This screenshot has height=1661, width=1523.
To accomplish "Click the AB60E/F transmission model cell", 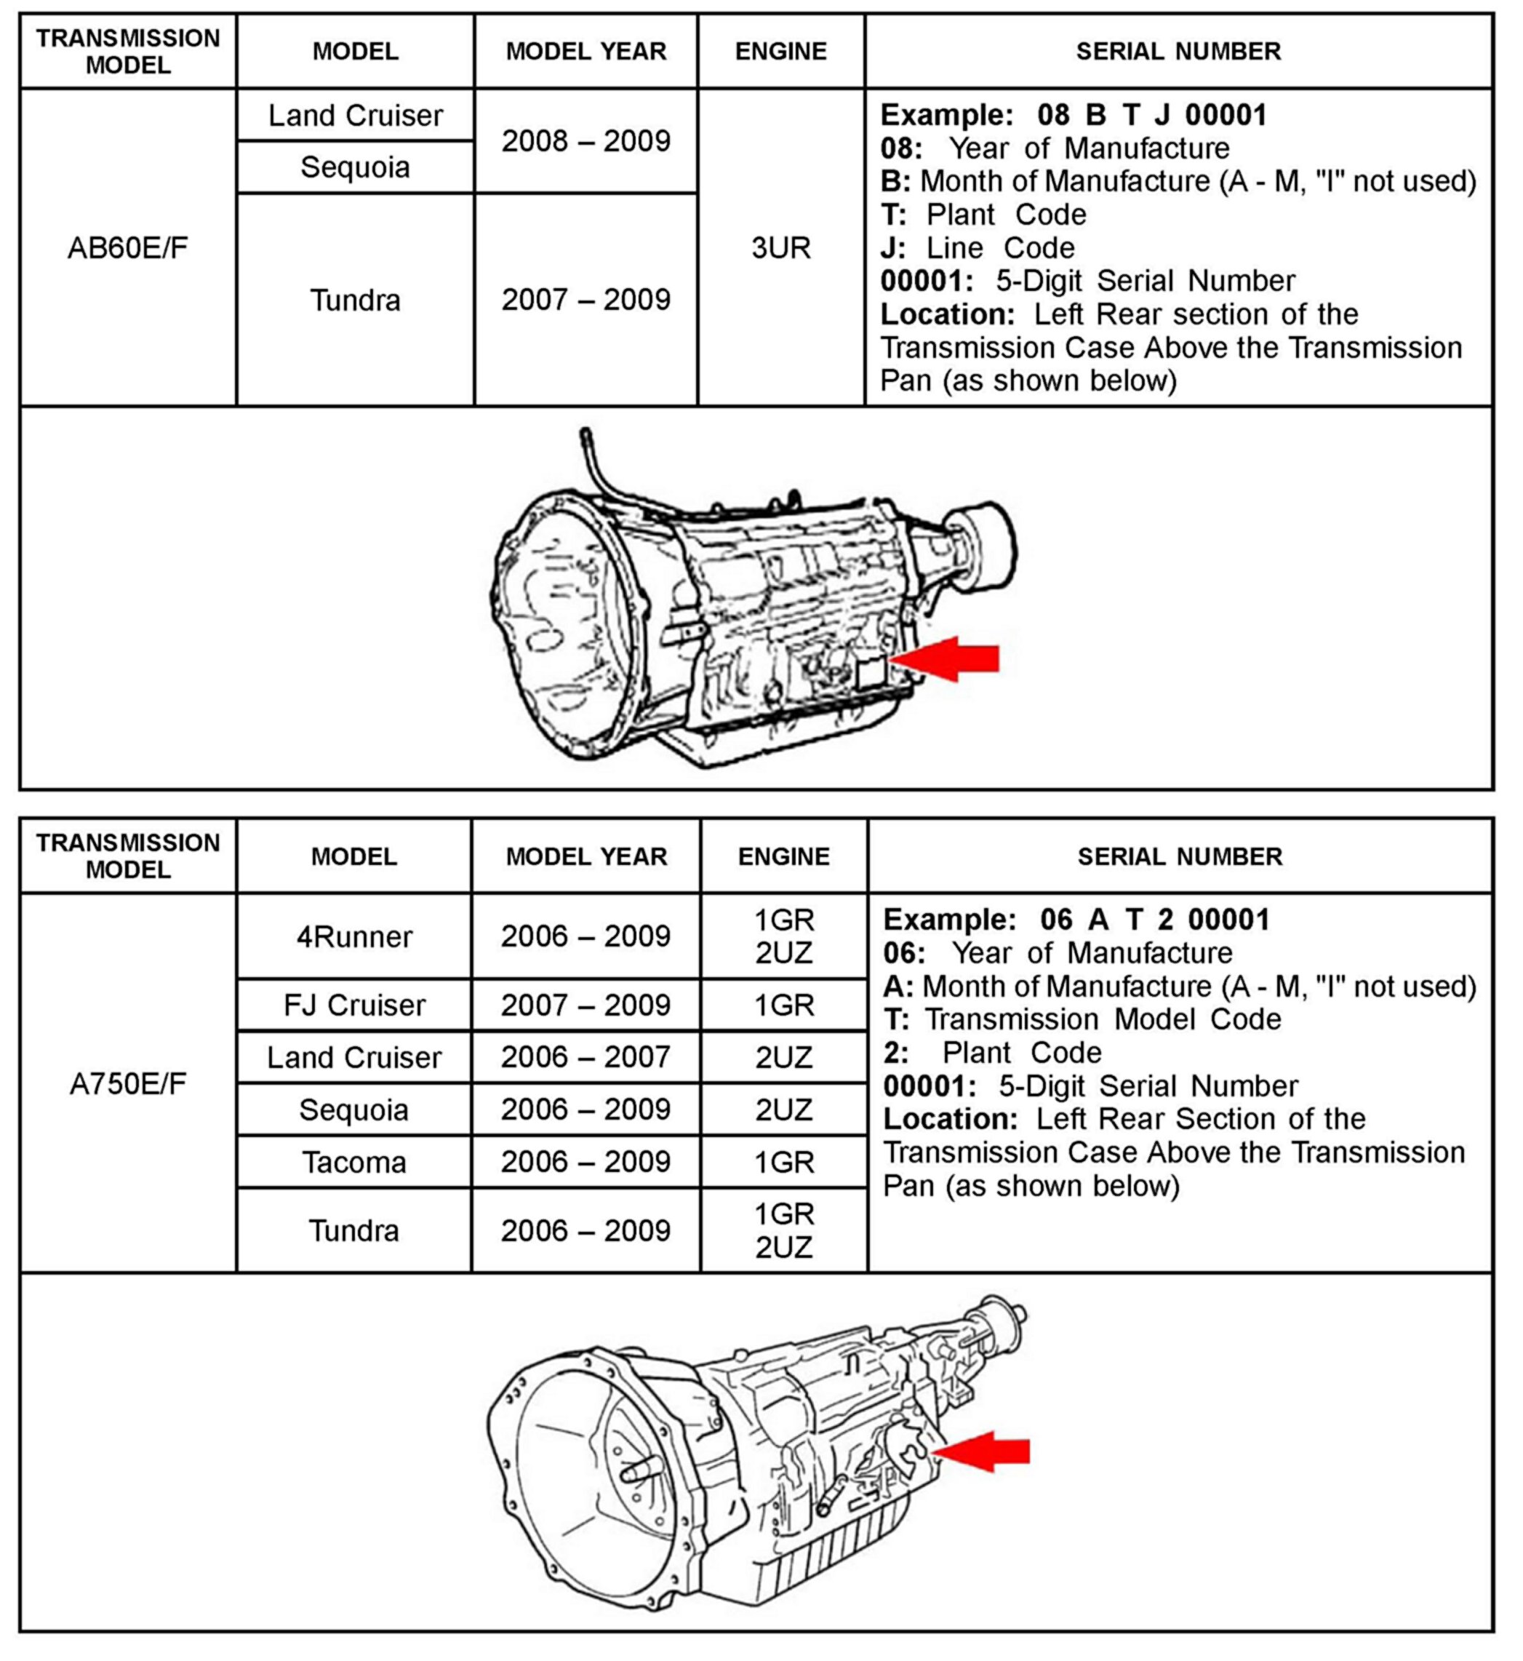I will point(128,248).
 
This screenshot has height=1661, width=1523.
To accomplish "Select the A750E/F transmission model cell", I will point(128,1084).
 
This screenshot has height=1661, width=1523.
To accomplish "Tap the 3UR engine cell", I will point(780,248).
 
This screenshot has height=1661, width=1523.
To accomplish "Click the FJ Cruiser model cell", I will point(354,1005).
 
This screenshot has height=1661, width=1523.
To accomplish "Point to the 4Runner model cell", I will point(354,936).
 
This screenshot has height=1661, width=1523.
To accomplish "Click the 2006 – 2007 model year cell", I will point(586,1057).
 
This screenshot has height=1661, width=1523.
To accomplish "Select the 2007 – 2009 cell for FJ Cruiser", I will point(586,1005).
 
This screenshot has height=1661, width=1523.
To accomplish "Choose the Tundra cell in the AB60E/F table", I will point(354,300).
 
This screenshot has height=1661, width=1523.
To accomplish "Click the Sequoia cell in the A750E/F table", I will point(354,1110).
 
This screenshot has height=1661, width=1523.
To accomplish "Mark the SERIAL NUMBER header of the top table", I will point(1178,51).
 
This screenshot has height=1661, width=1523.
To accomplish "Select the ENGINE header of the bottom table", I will point(784,856).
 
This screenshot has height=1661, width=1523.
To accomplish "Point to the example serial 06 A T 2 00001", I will point(1154,919).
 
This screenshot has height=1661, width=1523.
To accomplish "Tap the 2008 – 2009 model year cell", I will point(586,141).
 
